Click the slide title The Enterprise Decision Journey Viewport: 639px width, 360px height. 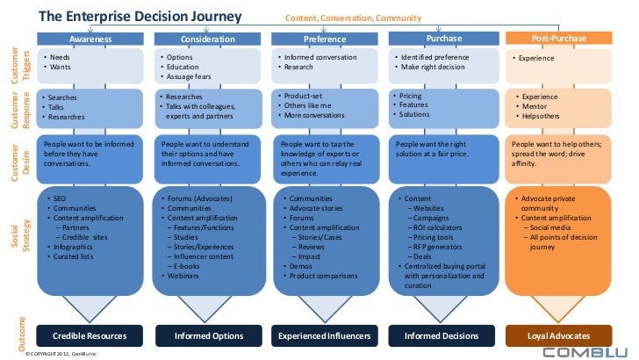[145, 17]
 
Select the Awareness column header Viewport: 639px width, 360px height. [91, 40]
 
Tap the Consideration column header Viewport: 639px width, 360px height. [208, 40]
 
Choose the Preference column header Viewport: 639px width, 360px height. [325, 40]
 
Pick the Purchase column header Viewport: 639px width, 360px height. [442, 39]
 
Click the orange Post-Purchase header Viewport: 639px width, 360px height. [559, 39]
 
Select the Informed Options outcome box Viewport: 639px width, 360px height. [208, 335]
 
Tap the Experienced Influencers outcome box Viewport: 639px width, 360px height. [325, 335]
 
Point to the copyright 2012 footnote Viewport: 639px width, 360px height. [61, 353]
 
